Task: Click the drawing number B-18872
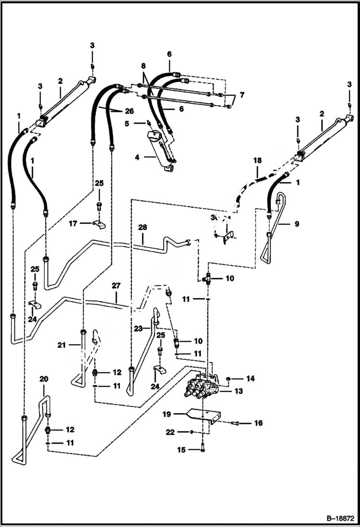[x=337, y=519]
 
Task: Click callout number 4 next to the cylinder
[x=137, y=157]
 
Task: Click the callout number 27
[x=116, y=285]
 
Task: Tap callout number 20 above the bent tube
[x=44, y=379]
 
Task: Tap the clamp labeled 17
[x=99, y=224]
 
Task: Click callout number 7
[x=241, y=95]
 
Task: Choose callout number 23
[x=138, y=329]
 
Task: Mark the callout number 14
[x=250, y=379]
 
